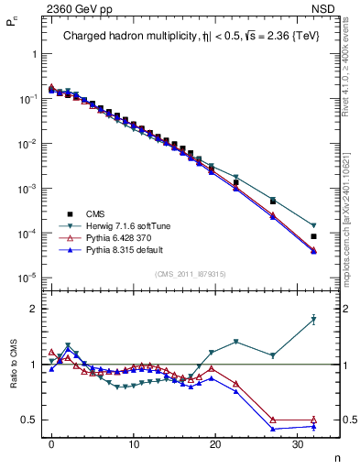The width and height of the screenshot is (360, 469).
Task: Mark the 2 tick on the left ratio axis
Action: point(35,309)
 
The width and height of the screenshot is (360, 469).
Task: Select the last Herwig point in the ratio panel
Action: point(313,319)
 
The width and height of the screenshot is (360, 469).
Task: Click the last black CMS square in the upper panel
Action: point(313,236)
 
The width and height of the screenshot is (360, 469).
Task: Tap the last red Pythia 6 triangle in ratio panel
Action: point(313,420)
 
